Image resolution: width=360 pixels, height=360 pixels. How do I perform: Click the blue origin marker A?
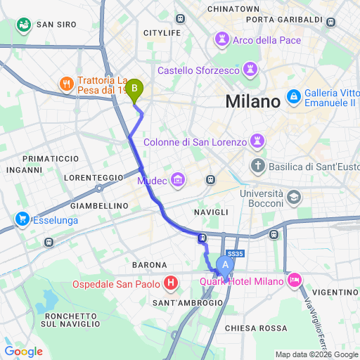(225, 266)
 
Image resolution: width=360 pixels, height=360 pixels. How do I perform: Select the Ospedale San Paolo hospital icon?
(170, 284)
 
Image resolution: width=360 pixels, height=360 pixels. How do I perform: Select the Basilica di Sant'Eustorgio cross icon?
(258, 167)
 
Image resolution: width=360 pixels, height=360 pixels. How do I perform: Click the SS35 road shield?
(234, 254)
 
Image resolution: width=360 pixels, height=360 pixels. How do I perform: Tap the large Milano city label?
(252, 101)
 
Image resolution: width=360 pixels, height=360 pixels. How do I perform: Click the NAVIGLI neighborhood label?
(212, 212)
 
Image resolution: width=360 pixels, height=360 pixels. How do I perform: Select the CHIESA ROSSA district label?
(256, 328)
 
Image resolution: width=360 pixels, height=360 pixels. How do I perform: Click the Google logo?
(23, 352)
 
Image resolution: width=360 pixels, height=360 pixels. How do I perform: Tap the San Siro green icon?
(25, 25)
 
